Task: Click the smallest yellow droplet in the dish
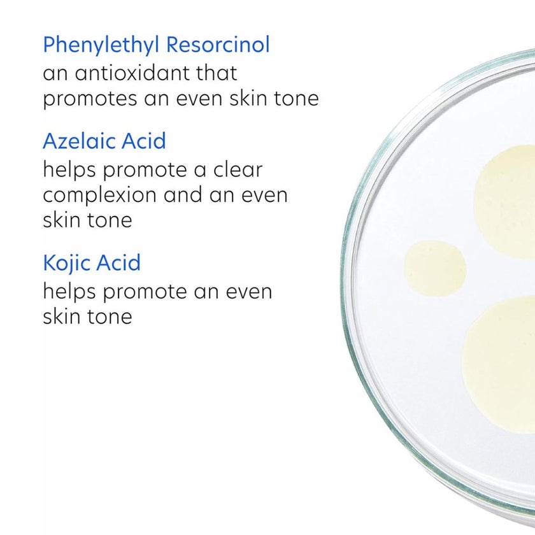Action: tap(434, 267)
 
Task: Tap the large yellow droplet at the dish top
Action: tap(507, 201)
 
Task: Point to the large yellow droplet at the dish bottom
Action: tap(501, 363)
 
